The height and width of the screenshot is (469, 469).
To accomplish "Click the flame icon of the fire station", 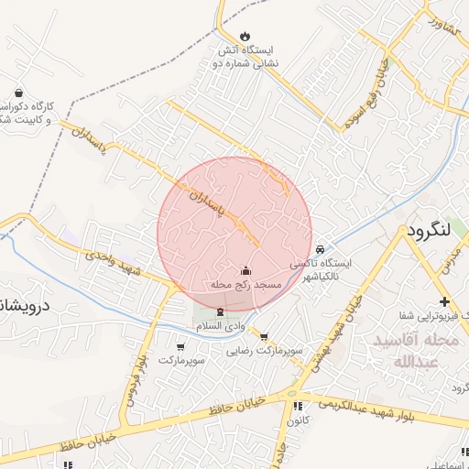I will coord(244,36).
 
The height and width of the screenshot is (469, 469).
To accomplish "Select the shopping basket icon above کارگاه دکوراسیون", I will coord(19,93).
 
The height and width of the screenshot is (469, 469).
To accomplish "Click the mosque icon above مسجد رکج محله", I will coord(245,270).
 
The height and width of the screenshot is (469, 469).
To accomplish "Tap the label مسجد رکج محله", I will coord(246,286).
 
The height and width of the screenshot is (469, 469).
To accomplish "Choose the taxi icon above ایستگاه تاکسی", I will coord(320,249).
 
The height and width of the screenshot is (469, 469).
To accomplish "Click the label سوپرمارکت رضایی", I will coord(266,350).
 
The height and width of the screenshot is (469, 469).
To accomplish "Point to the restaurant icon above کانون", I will coord(297,407).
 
